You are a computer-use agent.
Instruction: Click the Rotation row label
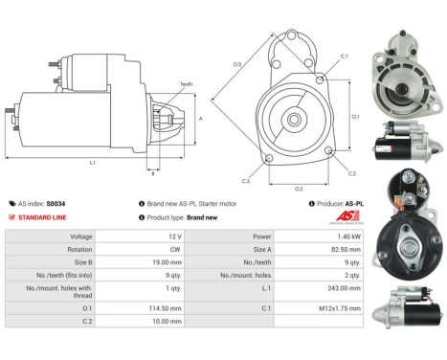click(81, 249)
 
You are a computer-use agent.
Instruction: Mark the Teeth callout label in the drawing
click(186, 84)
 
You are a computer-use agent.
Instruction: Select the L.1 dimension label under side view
click(93, 163)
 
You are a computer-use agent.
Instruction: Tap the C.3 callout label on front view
click(246, 181)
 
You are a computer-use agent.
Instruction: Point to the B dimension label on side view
click(152, 173)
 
